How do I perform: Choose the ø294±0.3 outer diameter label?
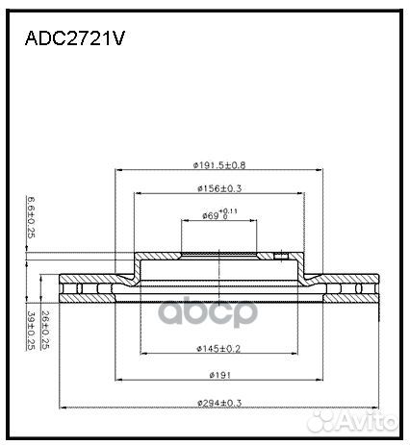tap(218, 402)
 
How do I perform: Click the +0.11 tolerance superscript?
tap(227, 209)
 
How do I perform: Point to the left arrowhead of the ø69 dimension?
tap(184, 222)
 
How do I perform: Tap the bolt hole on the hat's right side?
tap(281, 257)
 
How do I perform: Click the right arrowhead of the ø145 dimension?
tap(295, 354)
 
